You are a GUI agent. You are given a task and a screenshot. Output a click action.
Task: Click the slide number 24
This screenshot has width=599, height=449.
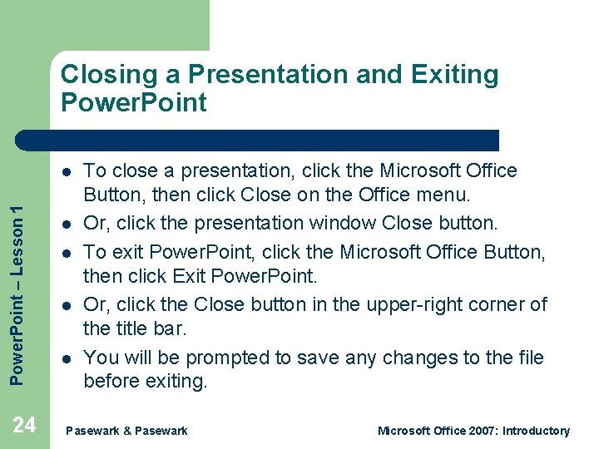tap(25, 425)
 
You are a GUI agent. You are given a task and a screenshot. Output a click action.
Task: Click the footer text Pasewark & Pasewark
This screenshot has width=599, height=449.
tap(126, 431)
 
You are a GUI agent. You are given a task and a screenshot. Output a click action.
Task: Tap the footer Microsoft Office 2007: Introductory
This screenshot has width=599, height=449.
tap(473, 431)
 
